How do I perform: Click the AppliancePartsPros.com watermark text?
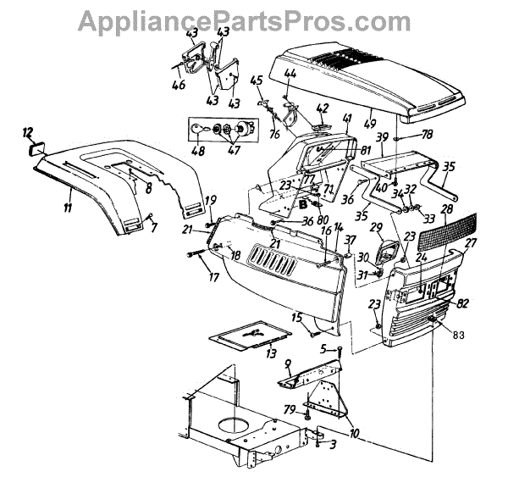[x=254, y=18]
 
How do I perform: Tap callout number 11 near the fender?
[x=67, y=207]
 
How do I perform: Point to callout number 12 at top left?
[x=28, y=132]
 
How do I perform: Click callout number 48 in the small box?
[x=197, y=152]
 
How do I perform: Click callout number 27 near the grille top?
[x=470, y=242]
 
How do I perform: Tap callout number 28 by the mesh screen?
[x=445, y=208]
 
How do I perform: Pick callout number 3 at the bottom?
[x=333, y=444]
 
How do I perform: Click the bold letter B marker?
[x=302, y=203]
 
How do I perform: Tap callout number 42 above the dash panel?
[x=322, y=108]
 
